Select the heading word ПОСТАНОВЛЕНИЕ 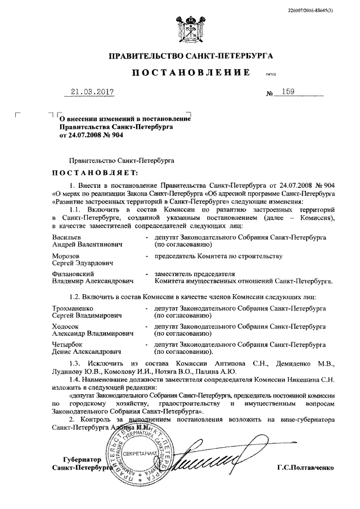pos(191,74)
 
